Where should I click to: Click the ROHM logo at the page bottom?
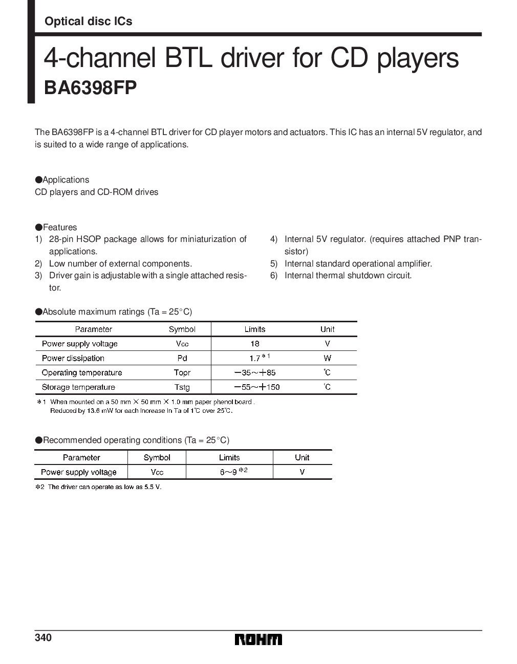click(x=258, y=640)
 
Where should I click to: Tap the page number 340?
click(x=43, y=638)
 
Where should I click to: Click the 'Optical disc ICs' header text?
click(x=88, y=21)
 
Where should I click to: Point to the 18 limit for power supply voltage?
click(x=255, y=344)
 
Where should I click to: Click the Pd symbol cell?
click(x=182, y=358)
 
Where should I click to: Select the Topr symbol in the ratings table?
click(x=182, y=372)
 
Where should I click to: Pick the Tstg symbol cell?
click(x=182, y=387)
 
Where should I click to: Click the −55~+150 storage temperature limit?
click(x=257, y=387)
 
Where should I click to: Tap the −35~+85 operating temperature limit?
click(x=255, y=372)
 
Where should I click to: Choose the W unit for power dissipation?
click(x=328, y=358)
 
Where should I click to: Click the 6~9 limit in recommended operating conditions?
click(x=228, y=472)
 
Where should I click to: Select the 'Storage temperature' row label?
click(x=78, y=387)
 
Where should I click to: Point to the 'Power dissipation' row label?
click(x=73, y=358)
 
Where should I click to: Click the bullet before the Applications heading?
click(x=38, y=180)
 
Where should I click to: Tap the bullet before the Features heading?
click(x=38, y=227)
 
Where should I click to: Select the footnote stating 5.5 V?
click(x=98, y=487)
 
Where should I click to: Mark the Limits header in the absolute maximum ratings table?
click(x=255, y=329)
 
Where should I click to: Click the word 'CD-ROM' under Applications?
click(x=112, y=192)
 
